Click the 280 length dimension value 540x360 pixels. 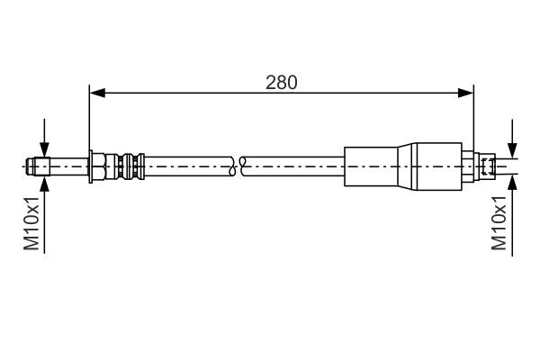282,82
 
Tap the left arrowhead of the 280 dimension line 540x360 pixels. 95,92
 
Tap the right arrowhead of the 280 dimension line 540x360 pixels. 467,92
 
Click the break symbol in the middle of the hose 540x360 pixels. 238,166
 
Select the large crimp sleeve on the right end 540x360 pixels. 405,166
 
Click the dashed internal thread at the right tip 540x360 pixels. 487,166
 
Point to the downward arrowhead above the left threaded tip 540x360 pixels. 43,150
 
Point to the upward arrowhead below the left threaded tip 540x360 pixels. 43,181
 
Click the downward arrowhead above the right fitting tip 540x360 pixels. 512,150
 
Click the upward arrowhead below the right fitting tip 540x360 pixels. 512,181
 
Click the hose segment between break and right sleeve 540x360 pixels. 292,166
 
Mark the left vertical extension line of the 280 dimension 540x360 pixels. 90,117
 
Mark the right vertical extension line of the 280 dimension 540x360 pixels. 473,117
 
